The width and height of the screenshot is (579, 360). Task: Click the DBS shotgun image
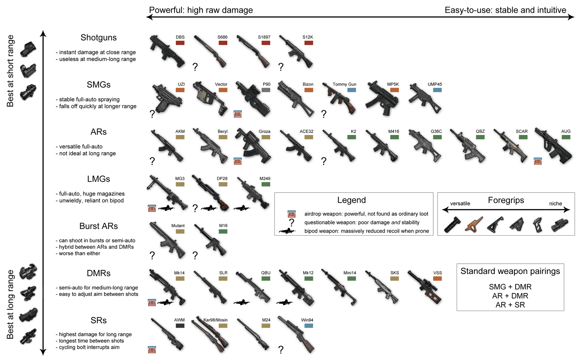[167, 52]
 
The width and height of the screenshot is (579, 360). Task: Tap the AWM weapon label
[179, 320]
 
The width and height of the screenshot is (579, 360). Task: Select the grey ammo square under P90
[266, 90]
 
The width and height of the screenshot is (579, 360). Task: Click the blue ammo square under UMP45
[437, 90]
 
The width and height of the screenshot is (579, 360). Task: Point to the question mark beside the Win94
[281, 350]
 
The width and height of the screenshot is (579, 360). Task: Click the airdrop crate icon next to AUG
[538, 161]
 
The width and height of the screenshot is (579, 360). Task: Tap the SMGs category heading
[98, 85]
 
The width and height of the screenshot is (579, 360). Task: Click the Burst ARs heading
[98, 226]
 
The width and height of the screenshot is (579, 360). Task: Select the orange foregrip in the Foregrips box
[474, 224]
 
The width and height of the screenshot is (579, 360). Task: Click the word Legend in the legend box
[351, 200]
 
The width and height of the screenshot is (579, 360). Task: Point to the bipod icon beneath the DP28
[209, 208]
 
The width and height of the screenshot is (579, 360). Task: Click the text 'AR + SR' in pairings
[510, 305]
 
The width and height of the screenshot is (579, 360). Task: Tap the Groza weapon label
[264, 131]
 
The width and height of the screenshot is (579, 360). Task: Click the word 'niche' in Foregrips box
[555, 204]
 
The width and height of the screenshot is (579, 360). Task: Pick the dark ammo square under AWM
[180, 326]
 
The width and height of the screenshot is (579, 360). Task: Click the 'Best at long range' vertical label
[10, 304]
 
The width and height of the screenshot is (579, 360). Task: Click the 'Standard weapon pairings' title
[510, 271]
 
